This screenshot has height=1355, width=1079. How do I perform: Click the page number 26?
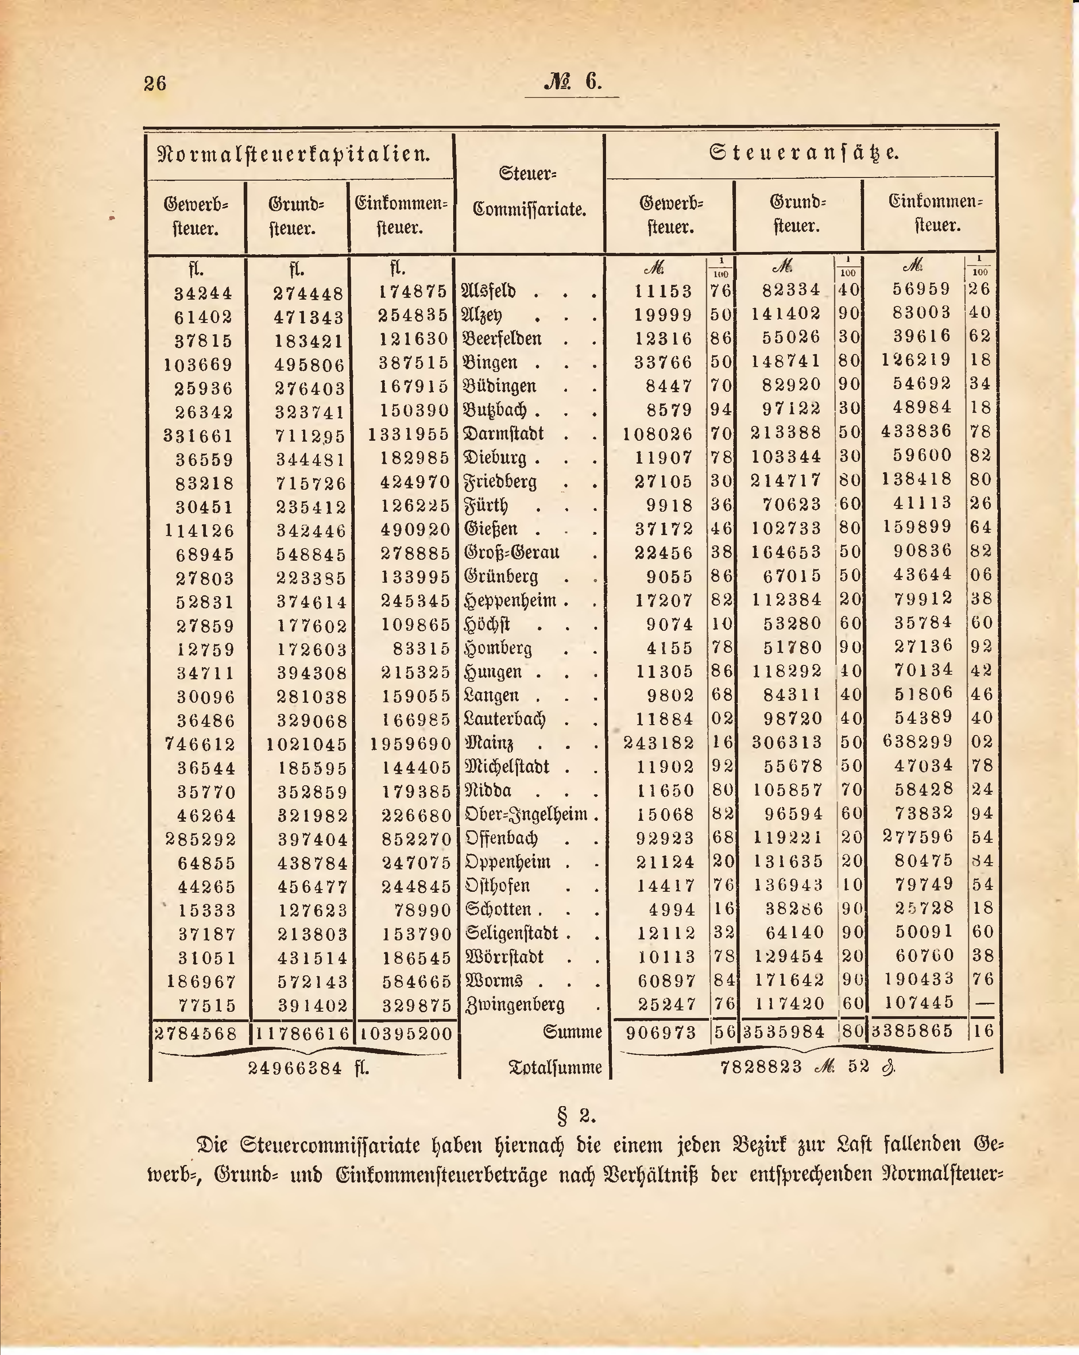(155, 83)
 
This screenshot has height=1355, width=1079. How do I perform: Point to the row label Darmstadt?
(504, 434)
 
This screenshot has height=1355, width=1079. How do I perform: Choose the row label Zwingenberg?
(515, 1004)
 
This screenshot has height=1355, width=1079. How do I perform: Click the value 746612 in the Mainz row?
(200, 744)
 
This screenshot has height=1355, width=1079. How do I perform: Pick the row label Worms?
(494, 980)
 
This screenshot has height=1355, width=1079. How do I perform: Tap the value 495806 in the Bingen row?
(311, 364)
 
